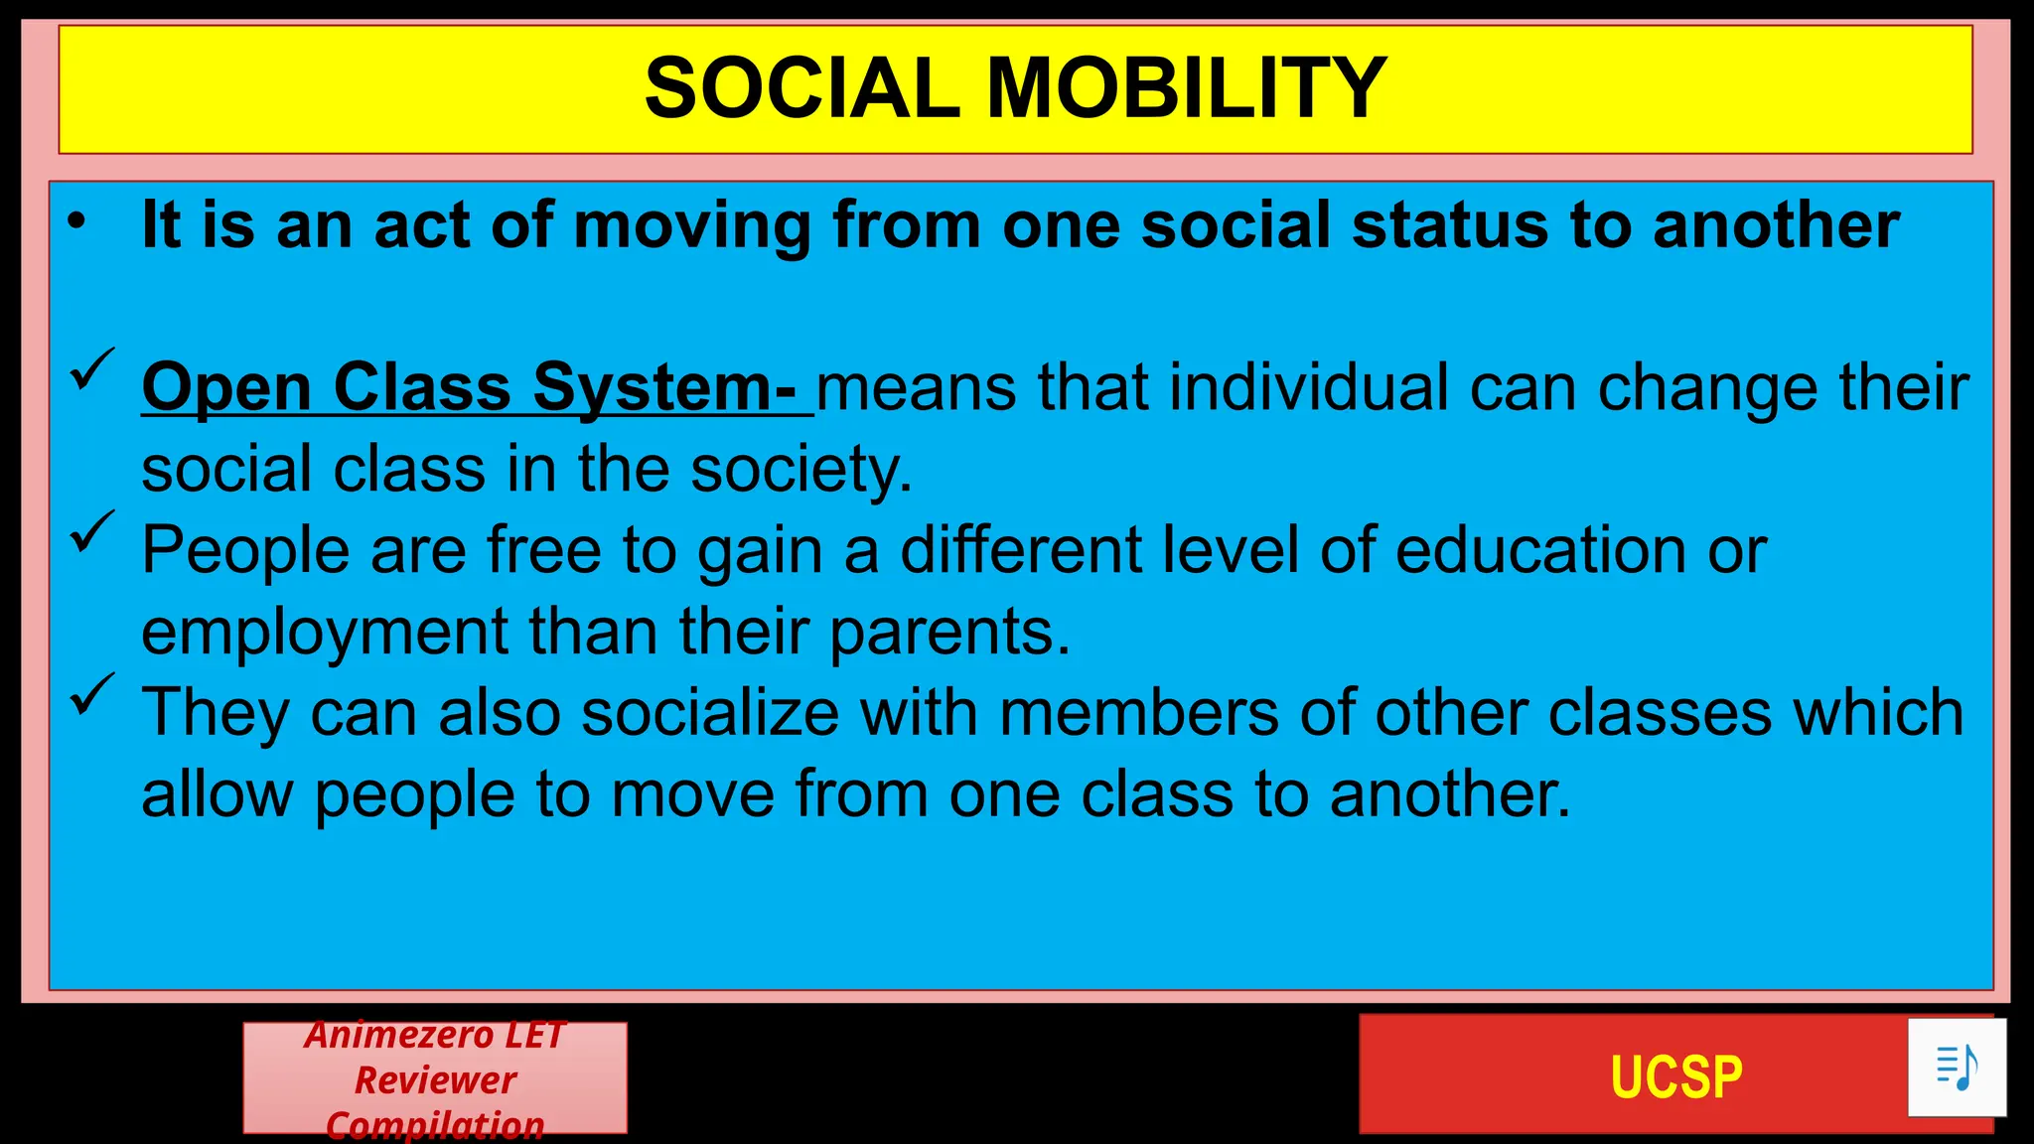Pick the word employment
tap(324, 633)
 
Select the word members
tap(1138, 713)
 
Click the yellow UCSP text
tap(1675, 1077)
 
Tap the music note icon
tap(1957, 1068)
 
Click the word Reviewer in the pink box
tap(435, 1079)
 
